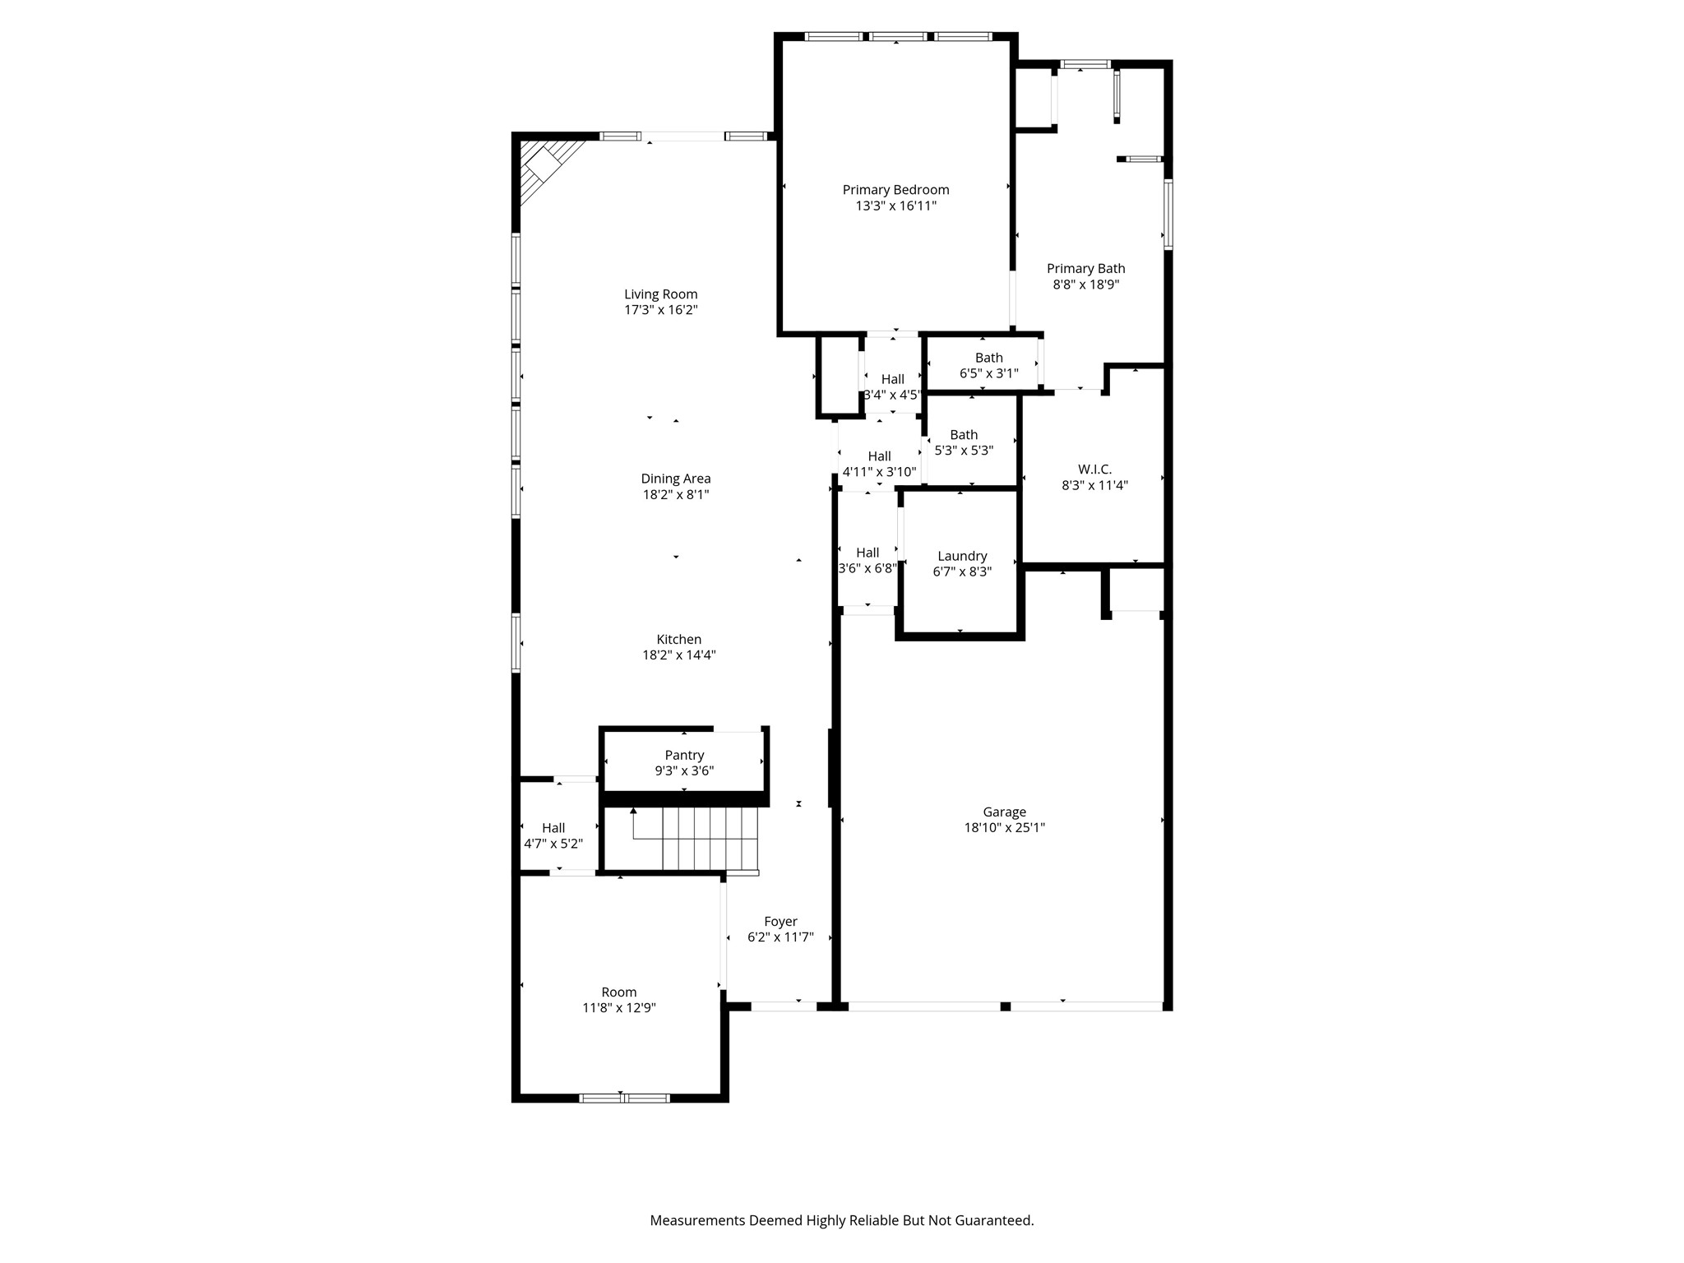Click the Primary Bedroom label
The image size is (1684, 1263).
tap(895, 190)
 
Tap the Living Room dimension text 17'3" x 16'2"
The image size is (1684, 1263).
tap(660, 310)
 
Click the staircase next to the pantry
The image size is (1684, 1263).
tap(695, 839)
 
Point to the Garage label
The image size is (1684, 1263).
tap(1004, 812)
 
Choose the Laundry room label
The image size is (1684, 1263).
tap(962, 556)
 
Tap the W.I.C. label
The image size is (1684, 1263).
tap(1094, 470)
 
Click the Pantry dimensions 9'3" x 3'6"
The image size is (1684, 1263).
tap(684, 770)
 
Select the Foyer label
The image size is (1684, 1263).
tap(780, 922)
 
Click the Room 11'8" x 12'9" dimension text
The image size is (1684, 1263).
tap(619, 1007)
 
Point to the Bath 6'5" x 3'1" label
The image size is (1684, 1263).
tap(988, 358)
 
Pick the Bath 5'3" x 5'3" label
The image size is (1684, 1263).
tap(964, 435)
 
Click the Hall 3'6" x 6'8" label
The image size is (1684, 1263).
tap(867, 553)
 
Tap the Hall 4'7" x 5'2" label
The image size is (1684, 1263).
tap(553, 828)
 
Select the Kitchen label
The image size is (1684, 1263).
tap(678, 640)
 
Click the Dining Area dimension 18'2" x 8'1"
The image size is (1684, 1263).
tap(676, 494)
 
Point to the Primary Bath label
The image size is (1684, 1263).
tap(1085, 269)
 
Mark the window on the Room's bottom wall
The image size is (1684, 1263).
tap(624, 1098)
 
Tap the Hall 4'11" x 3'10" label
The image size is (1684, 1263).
tap(879, 456)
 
